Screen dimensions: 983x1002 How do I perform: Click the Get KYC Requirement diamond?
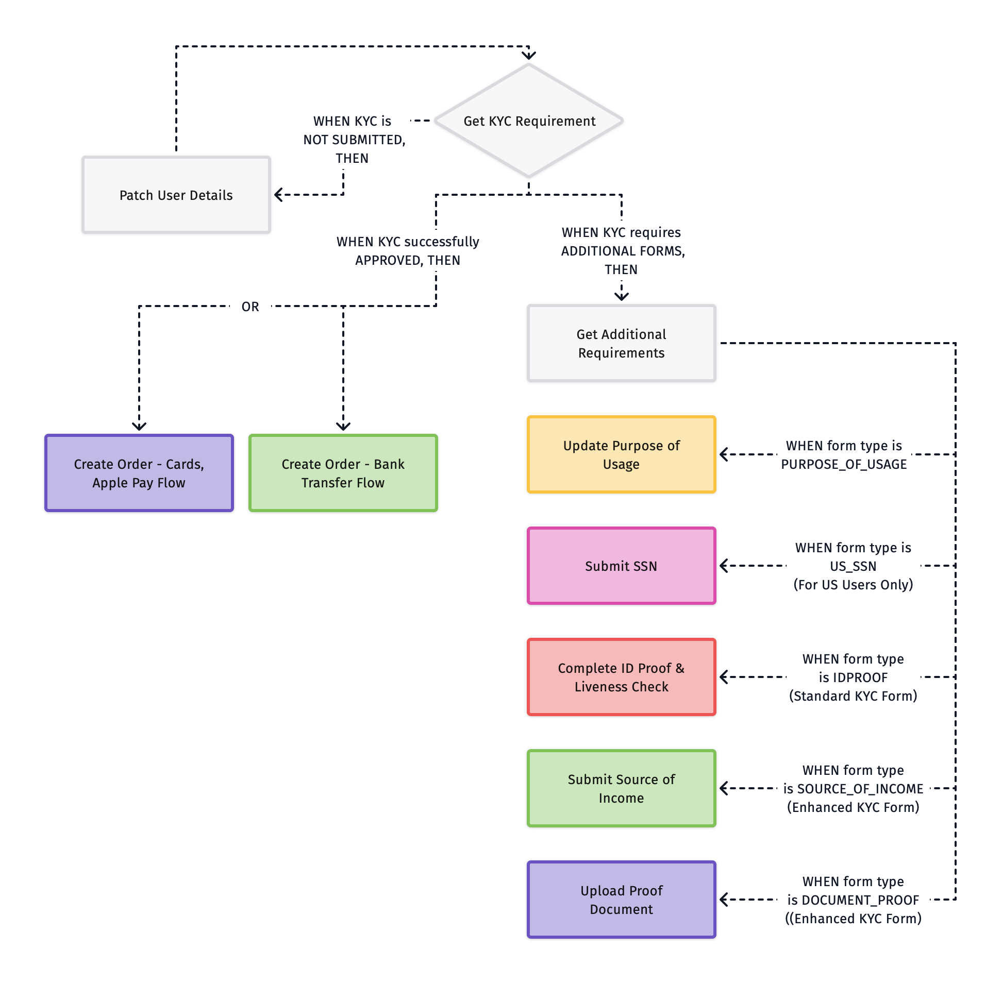click(529, 121)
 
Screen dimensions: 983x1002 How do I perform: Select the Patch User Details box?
click(176, 195)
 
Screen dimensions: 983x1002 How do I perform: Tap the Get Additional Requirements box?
click(621, 343)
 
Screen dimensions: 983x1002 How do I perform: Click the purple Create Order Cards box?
click(139, 473)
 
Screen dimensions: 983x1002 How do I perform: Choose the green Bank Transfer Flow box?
click(343, 473)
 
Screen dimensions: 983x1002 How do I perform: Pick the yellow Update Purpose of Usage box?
click(621, 454)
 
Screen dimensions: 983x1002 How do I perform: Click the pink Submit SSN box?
click(621, 566)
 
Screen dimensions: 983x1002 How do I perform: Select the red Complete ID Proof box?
click(621, 677)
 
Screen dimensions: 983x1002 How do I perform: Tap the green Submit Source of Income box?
click(621, 788)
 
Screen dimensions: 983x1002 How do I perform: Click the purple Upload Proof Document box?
click(621, 900)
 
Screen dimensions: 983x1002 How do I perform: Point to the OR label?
click(250, 307)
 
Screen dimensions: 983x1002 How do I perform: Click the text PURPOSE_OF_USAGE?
click(843, 464)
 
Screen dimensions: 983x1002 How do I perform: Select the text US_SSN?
click(853, 566)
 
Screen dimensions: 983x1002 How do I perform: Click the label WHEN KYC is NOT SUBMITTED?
click(354, 140)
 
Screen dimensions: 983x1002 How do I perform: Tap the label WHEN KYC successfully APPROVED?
click(408, 251)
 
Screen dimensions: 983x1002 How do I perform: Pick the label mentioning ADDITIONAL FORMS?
click(622, 251)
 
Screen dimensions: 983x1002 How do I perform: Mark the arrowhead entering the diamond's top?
click(529, 55)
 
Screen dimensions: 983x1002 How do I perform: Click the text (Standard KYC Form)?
click(853, 696)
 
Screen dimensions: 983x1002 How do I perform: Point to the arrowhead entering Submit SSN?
click(724, 566)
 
